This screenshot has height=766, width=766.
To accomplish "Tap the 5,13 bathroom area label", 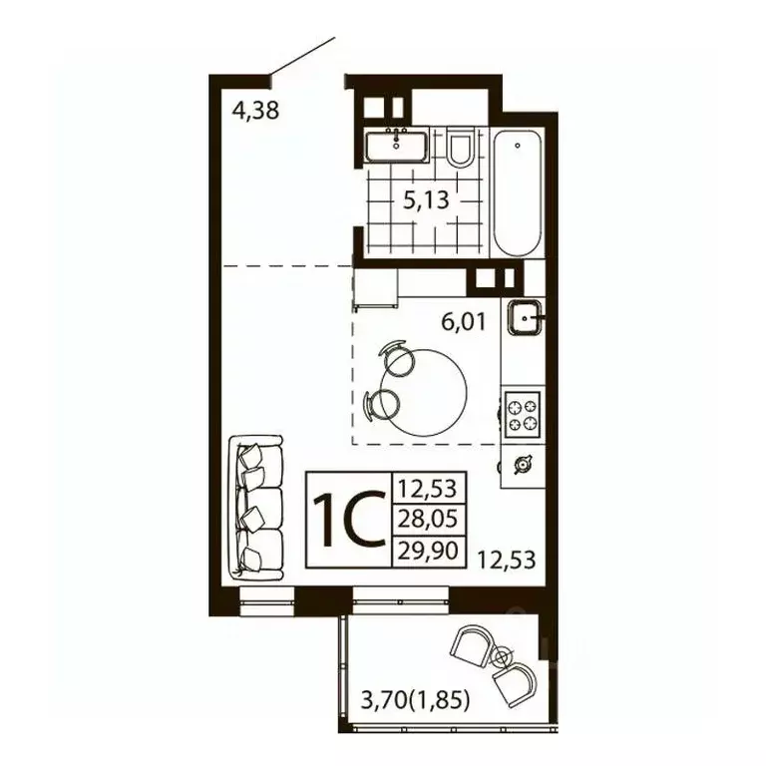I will [x=426, y=199].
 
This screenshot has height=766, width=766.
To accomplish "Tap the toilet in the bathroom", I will [x=459, y=150].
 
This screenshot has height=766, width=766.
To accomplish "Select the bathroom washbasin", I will [x=397, y=147].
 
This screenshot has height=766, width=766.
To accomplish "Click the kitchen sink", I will [x=524, y=319].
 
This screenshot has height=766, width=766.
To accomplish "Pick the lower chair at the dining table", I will [x=384, y=404].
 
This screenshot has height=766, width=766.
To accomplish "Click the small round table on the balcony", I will [x=502, y=655].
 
